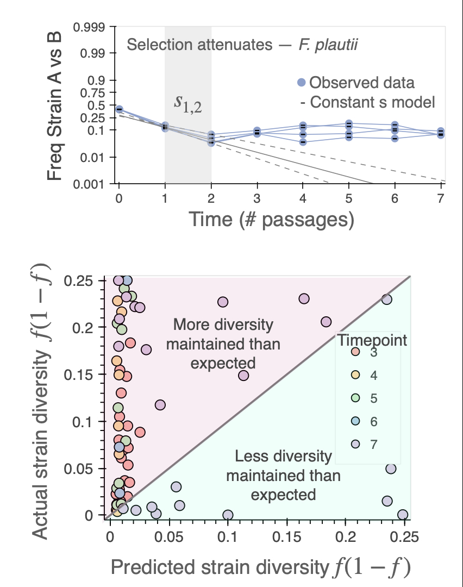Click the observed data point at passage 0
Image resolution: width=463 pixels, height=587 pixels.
[119, 110]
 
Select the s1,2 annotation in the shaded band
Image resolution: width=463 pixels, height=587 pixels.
[188, 102]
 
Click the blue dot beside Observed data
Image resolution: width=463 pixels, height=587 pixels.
[302, 83]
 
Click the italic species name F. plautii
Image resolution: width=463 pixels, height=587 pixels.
[328, 44]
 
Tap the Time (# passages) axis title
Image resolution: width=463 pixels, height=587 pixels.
[272, 220]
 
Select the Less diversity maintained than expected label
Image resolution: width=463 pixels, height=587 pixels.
[283, 475]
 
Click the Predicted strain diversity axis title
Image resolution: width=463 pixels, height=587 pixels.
[260, 567]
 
